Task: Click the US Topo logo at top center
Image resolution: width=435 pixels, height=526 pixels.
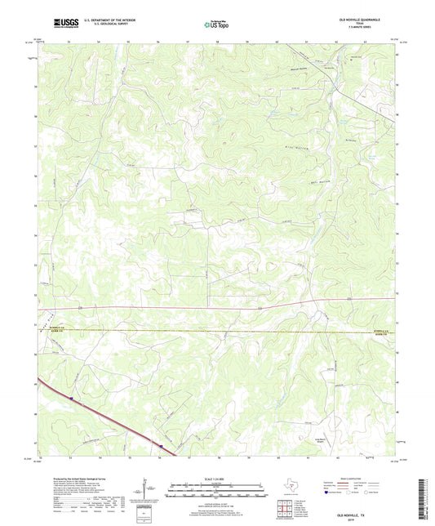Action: pos(217,25)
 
